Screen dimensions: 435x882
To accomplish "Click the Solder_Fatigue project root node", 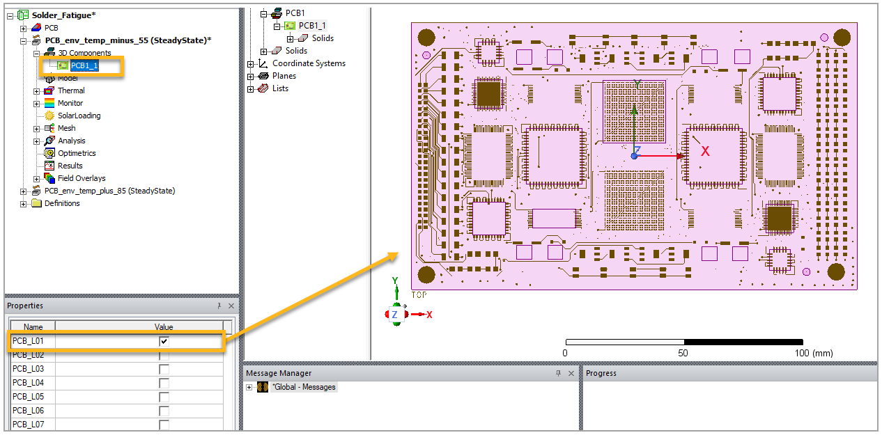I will [x=64, y=15].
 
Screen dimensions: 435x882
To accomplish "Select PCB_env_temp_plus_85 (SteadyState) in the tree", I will [x=109, y=191].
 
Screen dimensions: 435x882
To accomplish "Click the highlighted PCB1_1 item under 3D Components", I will [x=84, y=66].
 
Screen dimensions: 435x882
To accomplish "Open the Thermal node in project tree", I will [x=71, y=90].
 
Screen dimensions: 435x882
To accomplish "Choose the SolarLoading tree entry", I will [x=79, y=116].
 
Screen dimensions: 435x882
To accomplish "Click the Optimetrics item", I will [x=77, y=153].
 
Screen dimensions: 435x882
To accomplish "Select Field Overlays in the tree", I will [x=82, y=178].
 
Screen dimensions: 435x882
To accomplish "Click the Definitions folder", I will [x=62, y=203].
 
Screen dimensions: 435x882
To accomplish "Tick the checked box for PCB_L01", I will [x=164, y=341].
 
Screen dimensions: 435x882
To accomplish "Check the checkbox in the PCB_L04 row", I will [x=164, y=383].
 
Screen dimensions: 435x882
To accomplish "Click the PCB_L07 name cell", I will [x=29, y=425].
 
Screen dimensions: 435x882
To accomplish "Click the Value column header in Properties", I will [x=164, y=326].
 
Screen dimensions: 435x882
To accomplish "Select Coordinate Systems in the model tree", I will [x=309, y=63].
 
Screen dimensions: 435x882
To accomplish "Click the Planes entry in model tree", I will [x=284, y=76].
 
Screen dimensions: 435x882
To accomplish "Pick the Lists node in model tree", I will [x=280, y=88].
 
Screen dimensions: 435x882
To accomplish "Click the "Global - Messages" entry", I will [x=304, y=387].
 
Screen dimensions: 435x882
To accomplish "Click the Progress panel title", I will [x=601, y=373].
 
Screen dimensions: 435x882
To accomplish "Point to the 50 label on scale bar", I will [x=683, y=353].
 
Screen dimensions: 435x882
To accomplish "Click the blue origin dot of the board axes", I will [x=634, y=156].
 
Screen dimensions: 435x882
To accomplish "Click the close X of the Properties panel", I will [x=231, y=306].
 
